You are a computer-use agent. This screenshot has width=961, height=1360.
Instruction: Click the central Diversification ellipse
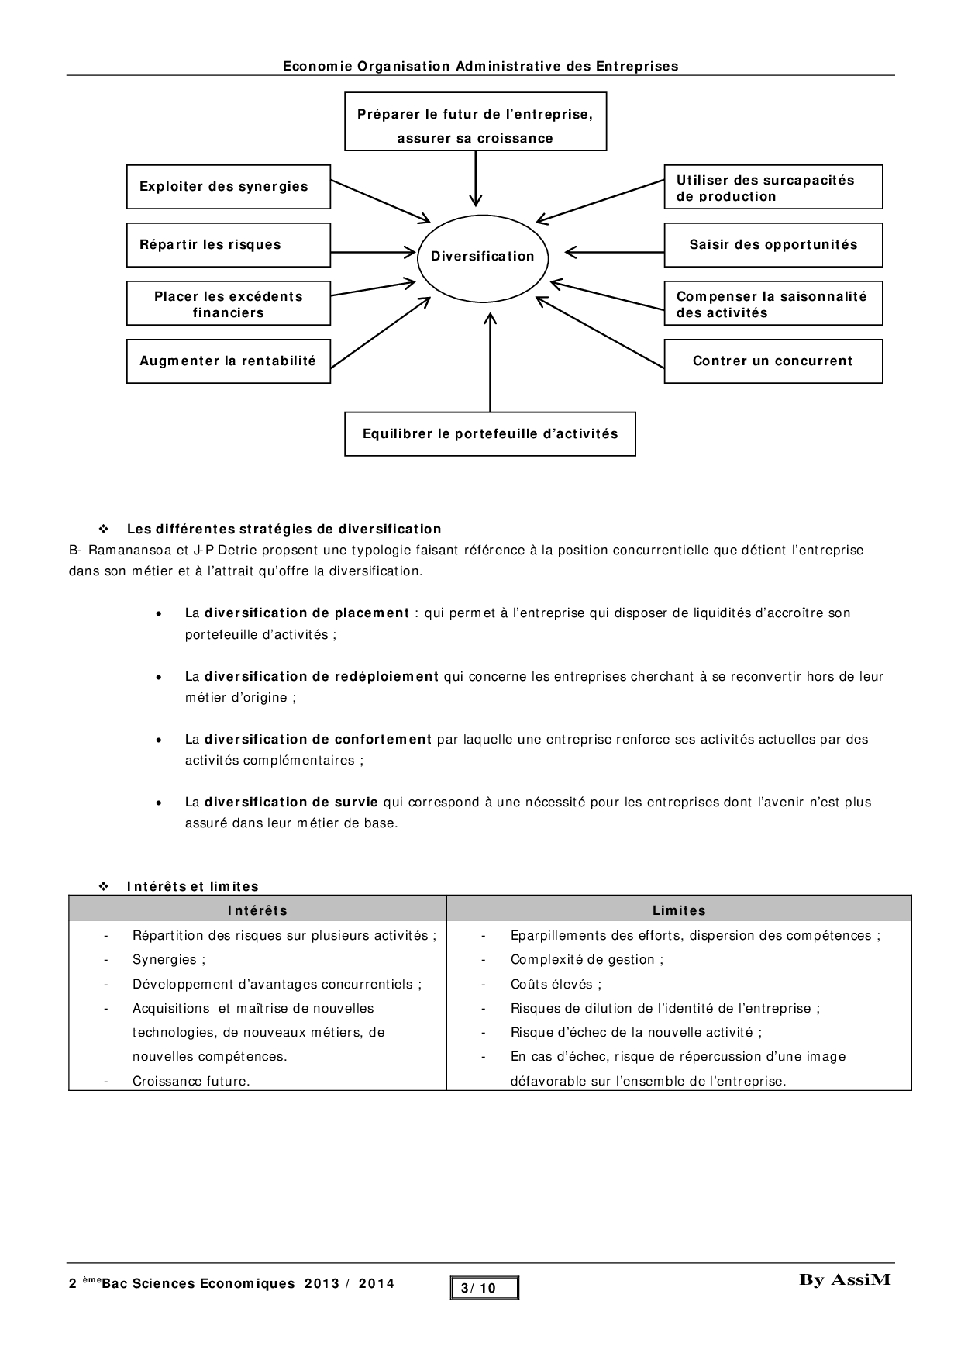pyautogui.click(x=483, y=256)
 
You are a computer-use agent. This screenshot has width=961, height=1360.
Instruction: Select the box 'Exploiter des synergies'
pyautogui.click(x=229, y=187)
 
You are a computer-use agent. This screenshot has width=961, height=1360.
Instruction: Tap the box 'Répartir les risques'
pyautogui.click(x=229, y=245)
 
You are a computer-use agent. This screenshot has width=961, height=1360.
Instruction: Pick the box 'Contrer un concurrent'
pyautogui.click(x=773, y=361)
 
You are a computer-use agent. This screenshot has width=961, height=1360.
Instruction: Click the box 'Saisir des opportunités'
pyautogui.click(x=773, y=245)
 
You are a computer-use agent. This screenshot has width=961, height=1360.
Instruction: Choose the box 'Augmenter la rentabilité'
pyautogui.click(x=229, y=361)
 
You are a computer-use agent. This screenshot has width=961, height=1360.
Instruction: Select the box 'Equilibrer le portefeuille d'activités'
pyautogui.click(x=490, y=434)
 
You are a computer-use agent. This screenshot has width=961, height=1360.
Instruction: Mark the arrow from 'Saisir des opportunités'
pyautogui.click(x=616, y=252)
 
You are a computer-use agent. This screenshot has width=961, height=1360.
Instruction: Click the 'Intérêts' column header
pyautogui.click(x=257, y=910)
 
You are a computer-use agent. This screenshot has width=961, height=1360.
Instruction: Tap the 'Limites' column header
pyautogui.click(x=679, y=910)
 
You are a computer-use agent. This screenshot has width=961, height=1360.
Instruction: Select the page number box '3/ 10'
pyautogui.click(x=484, y=1288)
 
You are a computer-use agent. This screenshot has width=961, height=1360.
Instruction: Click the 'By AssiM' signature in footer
pyautogui.click(x=845, y=1280)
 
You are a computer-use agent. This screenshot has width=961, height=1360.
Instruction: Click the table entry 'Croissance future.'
pyautogui.click(x=191, y=1081)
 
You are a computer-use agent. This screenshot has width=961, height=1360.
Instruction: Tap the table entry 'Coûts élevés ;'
pyautogui.click(x=556, y=985)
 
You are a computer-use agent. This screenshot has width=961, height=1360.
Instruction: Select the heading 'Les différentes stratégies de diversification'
pyautogui.click(x=284, y=530)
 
